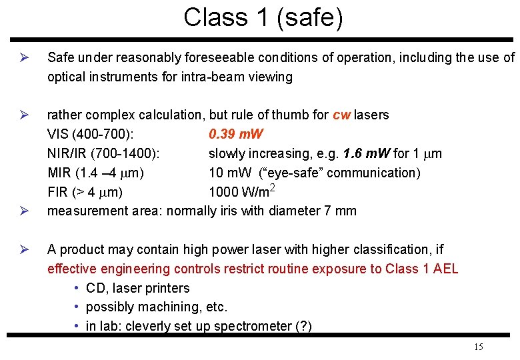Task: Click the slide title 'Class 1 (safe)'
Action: pos(263,17)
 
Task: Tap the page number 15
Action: pos(478,347)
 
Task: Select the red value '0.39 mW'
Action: pos(236,135)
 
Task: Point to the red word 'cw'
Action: pos(341,115)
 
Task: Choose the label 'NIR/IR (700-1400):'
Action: pos(103,154)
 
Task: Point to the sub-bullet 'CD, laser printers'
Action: pos(137,288)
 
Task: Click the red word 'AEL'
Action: pos(444,269)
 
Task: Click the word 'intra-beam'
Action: pos(214,77)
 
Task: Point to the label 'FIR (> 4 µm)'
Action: pos(85,193)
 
